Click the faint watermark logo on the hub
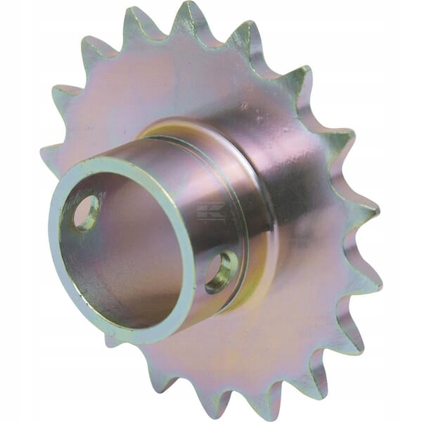click(211, 212)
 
